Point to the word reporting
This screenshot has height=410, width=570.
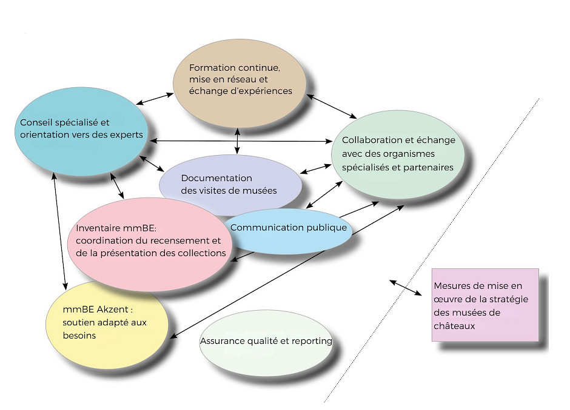pyautogui.click(x=312, y=341)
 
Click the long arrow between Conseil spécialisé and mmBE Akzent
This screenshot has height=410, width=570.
pyautogui.click(x=59, y=230)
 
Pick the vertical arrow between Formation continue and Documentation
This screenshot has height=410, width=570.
pyautogui.click(x=237, y=140)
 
